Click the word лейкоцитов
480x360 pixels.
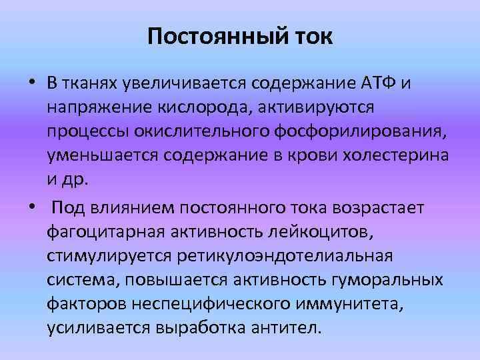pos(309,231)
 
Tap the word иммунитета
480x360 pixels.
pos(338,305)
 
